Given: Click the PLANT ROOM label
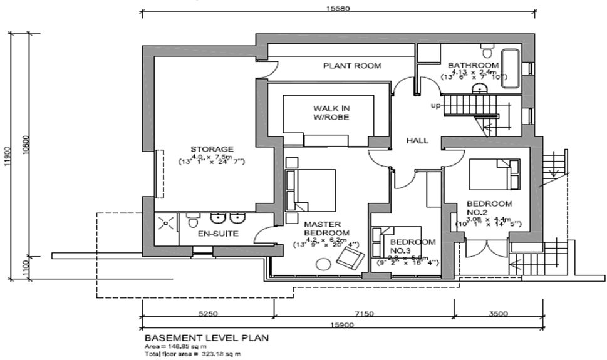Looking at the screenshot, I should [x=351, y=66].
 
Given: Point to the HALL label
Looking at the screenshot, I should [x=417, y=141].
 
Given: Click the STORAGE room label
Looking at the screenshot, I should [x=212, y=149].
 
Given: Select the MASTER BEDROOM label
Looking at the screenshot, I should [x=322, y=229].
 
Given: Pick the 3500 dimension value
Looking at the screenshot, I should [x=498, y=313].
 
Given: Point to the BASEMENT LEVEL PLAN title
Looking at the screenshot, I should [x=207, y=337].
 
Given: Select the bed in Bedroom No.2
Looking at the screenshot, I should [x=494, y=173].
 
